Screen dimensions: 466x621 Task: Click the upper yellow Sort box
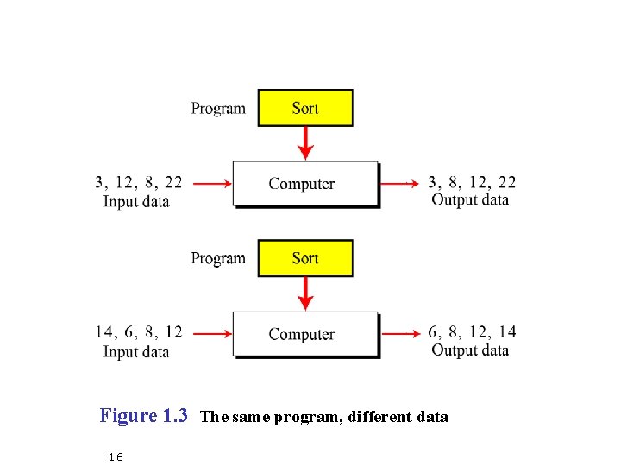click(x=305, y=108)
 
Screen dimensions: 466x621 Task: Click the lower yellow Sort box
click(x=305, y=258)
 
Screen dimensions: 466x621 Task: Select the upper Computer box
click(x=305, y=183)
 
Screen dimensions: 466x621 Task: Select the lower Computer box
click(x=305, y=334)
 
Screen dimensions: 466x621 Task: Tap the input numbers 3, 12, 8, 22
click(x=139, y=182)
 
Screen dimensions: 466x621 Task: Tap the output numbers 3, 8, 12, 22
click(x=472, y=182)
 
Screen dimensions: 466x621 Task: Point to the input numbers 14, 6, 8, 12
click(x=139, y=332)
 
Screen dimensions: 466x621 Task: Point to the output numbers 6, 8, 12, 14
click(x=472, y=332)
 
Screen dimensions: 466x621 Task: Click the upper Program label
click(x=218, y=109)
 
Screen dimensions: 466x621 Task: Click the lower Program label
click(x=218, y=259)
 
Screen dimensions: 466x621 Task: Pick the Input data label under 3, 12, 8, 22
click(x=136, y=202)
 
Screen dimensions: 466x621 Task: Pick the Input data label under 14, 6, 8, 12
click(x=136, y=352)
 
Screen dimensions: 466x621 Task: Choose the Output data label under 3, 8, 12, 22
click(x=470, y=200)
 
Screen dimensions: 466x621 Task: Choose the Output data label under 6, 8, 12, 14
click(x=470, y=350)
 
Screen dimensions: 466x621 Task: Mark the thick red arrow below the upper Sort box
click(x=304, y=142)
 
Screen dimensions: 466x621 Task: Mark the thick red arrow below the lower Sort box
click(x=304, y=293)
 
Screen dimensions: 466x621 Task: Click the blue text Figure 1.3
click(x=144, y=416)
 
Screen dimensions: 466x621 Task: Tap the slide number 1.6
click(x=116, y=456)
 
